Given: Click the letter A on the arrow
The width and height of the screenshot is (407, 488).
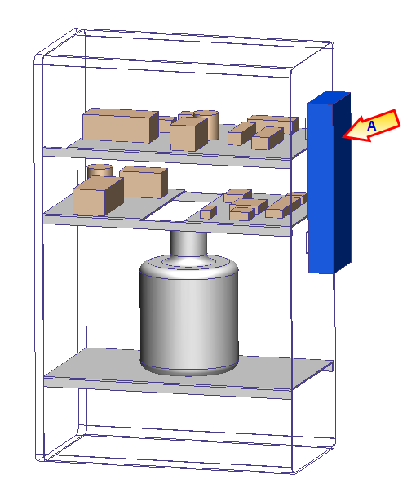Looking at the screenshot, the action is (x=372, y=126).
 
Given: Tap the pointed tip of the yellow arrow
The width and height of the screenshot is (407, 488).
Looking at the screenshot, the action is (x=343, y=136).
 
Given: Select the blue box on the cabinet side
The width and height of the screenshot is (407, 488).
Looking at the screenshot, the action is (x=330, y=183).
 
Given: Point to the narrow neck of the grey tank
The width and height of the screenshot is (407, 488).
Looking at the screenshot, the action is (x=189, y=244).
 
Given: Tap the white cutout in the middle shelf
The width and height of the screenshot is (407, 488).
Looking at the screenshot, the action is (x=180, y=211).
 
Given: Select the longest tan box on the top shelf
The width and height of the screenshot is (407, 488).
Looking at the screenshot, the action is (x=121, y=126).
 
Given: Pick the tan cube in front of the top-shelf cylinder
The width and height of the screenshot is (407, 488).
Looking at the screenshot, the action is (x=188, y=134).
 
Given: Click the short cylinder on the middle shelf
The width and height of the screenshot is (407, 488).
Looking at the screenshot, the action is (x=100, y=171).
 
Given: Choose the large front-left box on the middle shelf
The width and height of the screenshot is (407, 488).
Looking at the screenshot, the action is (x=98, y=196).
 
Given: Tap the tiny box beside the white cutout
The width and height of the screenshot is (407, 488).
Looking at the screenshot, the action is (x=208, y=212).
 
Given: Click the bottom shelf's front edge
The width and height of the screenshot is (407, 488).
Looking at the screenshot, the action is (x=167, y=388).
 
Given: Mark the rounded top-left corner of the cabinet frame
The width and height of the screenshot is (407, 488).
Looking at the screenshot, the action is (x=39, y=59).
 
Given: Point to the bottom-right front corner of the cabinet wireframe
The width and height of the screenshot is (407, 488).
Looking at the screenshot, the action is (x=293, y=473).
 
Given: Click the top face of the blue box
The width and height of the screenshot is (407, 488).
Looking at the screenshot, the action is (x=330, y=97).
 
